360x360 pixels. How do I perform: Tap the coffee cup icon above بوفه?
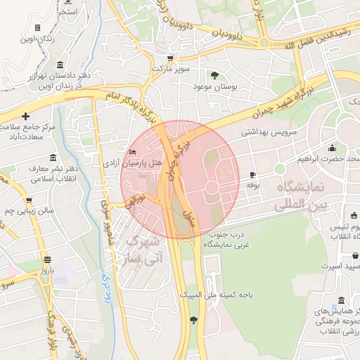pyautogui.click(x=253, y=174)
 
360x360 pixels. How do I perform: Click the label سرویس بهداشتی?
pyautogui.click(x=269, y=131)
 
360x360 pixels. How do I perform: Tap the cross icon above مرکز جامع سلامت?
pyautogui.click(x=26, y=115)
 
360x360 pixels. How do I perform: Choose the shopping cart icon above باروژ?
pyautogui.click(x=46, y=259)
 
